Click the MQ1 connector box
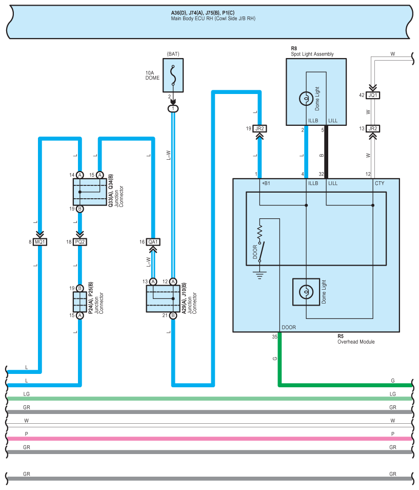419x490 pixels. [41, 241]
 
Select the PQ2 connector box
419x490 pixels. [80, 241]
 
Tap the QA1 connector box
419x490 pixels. [153, 241]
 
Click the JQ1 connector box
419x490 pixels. [373, 95]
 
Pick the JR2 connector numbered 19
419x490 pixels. [261, 128]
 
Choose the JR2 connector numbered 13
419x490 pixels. [373, 128]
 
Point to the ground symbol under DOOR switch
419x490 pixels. [260, 275]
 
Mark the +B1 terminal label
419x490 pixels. [266, 183]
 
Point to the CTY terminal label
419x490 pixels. [379, 183]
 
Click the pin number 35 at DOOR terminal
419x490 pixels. [274, 337]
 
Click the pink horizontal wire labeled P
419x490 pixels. [205, 438]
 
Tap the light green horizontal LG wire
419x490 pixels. [205, 398]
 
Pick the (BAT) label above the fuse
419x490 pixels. [173, 53]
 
